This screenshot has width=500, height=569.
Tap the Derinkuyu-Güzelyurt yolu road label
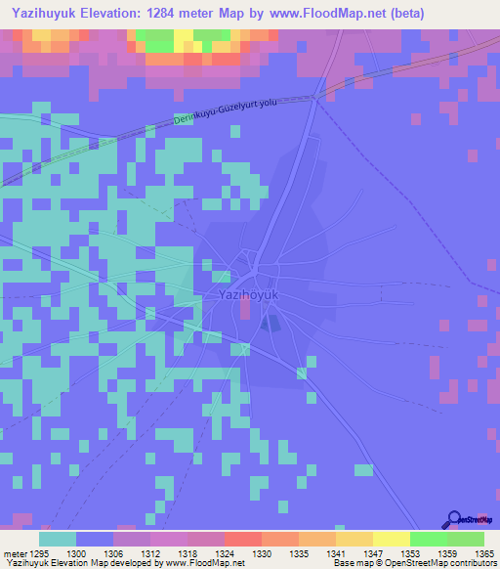pyautogui.click(x=230, y=110)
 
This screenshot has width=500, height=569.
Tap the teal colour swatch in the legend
pyautogui.click(x=58, y=539)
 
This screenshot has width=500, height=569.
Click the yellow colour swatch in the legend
pyautogui.click(x=392, y=539)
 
